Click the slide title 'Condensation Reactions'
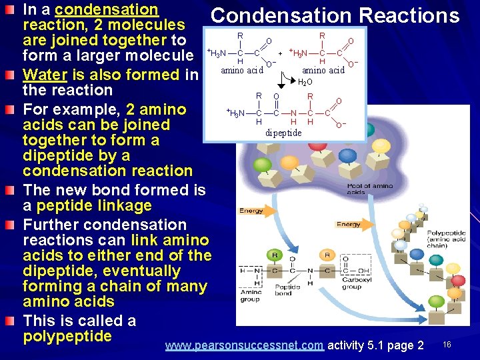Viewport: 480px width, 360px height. [x=335, y=15]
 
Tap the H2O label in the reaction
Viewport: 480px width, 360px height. [x=305, y=83]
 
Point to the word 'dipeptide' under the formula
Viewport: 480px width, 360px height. [x=283, y=133]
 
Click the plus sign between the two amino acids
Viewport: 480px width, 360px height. [x=281, y=53]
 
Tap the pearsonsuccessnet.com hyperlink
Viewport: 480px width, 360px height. [x=244, y=345]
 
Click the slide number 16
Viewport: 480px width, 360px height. [x=447, y=345]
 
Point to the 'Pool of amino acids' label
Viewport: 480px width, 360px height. [x=370, y=189]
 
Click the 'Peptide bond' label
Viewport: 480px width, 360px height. [x=283, y=290]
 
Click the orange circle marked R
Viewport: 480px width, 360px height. [x=327, y=255]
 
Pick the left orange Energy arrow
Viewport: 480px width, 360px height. [x=254, y=211]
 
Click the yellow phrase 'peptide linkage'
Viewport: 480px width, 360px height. [x=94, y=205]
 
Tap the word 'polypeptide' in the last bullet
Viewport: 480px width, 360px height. [x=67, y=336]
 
